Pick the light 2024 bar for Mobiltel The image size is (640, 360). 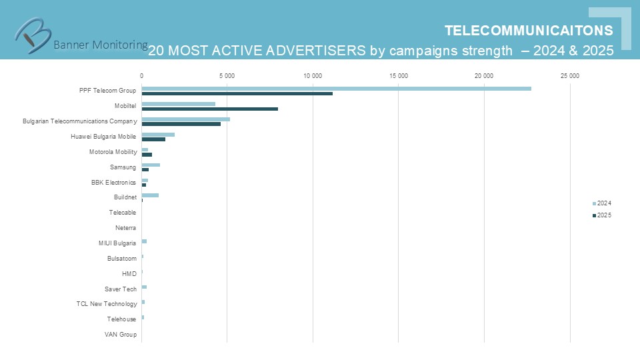(178, 103)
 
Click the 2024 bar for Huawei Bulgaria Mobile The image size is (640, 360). (158, 134)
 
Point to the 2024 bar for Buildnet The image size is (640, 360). (150, 195)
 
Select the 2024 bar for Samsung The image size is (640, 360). (151, 165)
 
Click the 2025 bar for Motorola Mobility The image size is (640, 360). (147, 155)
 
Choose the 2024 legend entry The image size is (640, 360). (601, 203)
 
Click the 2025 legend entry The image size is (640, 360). (601, 215)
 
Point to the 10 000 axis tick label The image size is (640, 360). (313, 76)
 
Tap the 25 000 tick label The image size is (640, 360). (569, 76)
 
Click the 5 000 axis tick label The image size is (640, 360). (227, 76)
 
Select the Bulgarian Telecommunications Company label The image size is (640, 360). (79, 121)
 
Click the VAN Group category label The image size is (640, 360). (121, 335)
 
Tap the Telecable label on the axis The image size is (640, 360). (123, 213)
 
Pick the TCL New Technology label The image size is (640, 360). (107, 304)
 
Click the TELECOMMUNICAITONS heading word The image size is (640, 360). (529, 31)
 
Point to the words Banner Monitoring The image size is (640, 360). (101, 45)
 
